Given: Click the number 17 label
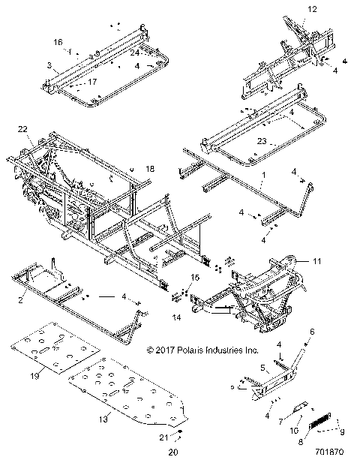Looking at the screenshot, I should click(93, 81).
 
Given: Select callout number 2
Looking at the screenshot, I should click(20, 299).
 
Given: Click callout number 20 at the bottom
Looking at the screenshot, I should click(171, 452).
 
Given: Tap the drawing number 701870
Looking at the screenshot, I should click(331, 452).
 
